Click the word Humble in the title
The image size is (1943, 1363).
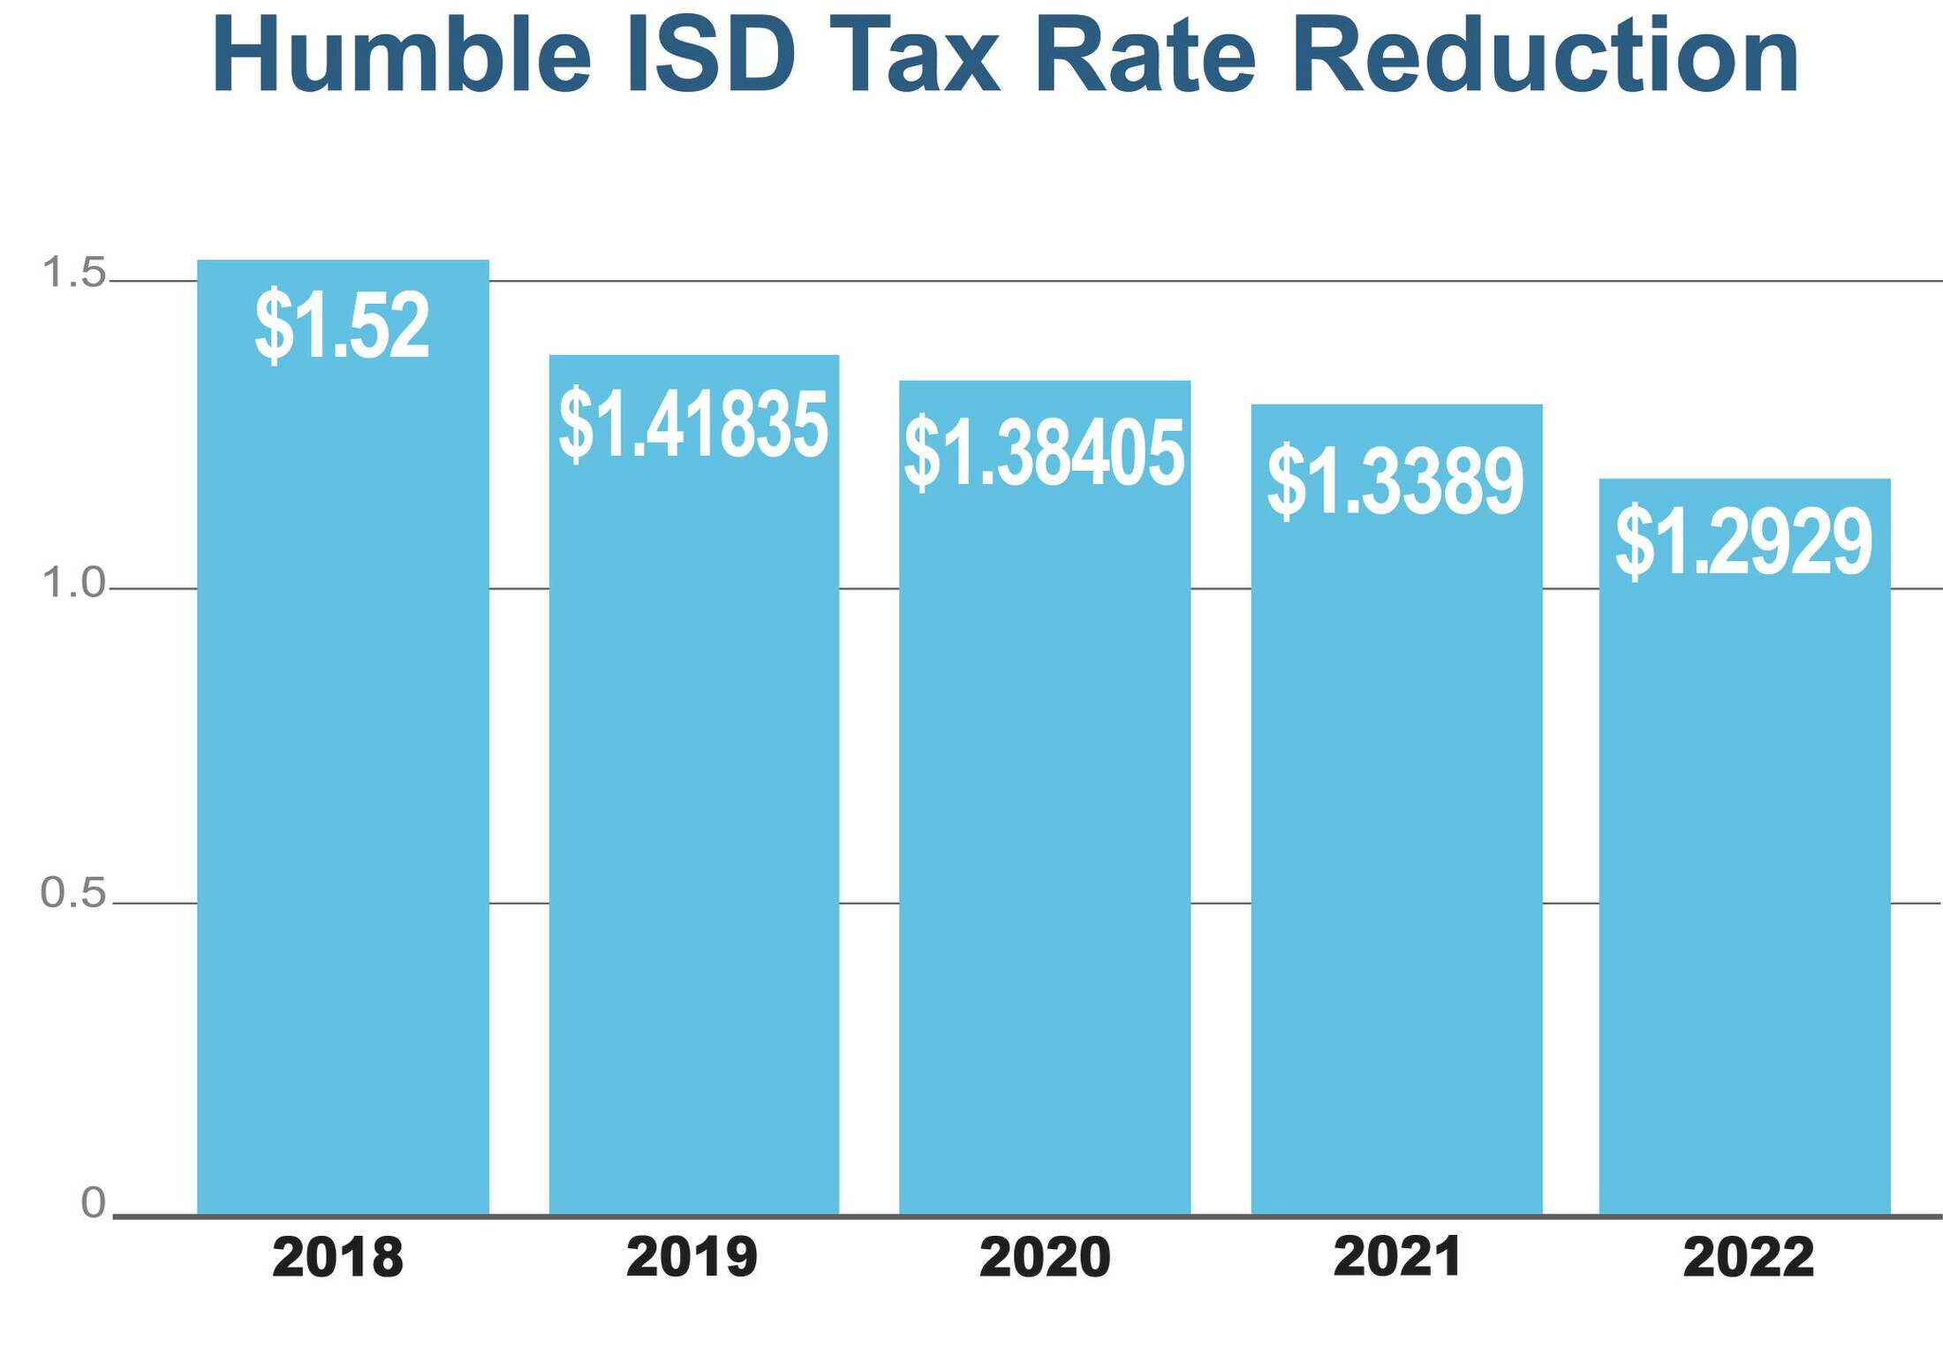click(x=401, y=55)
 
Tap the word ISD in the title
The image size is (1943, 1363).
click(x=711, y=55)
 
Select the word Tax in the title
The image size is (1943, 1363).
click(x=915, y=55)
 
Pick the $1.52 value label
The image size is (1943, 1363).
click(x=342, y=325)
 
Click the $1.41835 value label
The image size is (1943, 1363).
click(x=693, y=425)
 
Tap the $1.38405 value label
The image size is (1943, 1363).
click(x=1044, y=453)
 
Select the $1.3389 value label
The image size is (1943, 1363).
click(x=1395, y=481)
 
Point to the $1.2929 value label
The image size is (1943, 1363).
click(x=1743, y=541)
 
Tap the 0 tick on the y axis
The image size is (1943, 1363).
click(x=93, y=1203)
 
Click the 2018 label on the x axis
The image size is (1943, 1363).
click(x=337, y=1257)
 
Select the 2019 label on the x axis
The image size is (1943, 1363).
click(x=692, y=1257)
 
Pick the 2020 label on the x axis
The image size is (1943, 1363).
click(x=1045, y=1257)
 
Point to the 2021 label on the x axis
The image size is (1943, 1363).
click(x=1396, y=1257)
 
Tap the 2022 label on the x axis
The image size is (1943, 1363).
click(x=1748, y=1257)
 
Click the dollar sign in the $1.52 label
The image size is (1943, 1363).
click(x=274, y=325)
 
